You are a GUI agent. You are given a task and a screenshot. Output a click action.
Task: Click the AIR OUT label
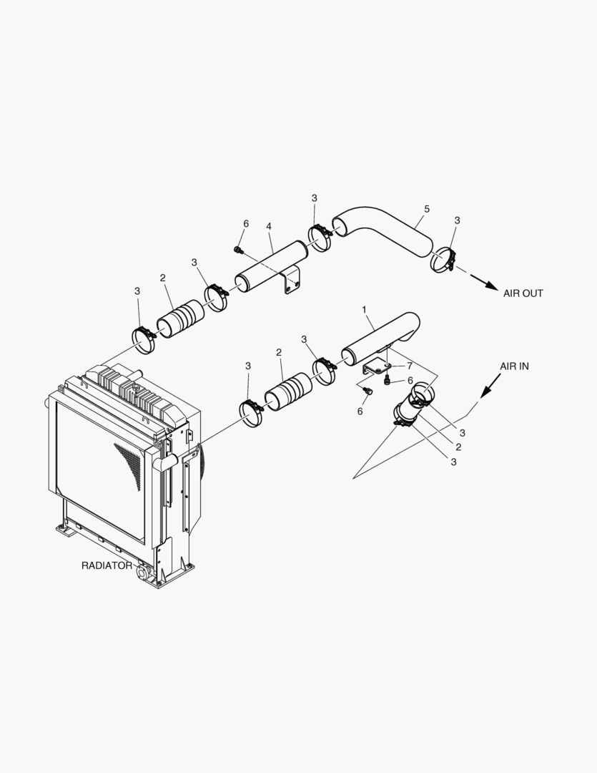click(x=523, y=293)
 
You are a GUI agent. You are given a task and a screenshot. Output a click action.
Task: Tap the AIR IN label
click(x=514, y=366)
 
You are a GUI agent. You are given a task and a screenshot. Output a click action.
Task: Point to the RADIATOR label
click(x=107, y=565)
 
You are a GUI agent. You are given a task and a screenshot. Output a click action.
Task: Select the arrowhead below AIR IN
click(x=485, y=391)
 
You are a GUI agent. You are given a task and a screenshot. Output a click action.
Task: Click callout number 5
click(x=427, y=209)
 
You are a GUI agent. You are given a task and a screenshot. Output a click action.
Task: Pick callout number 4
click(x=269, y=226)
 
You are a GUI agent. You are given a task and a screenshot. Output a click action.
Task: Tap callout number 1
click(x=364, y=310)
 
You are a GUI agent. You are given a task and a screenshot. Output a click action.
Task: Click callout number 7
click(x=410, y=366)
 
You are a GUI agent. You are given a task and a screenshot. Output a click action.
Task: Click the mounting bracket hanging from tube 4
click(x=292, y=280)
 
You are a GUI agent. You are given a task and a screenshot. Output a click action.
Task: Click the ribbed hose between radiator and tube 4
click(x=181, y=320)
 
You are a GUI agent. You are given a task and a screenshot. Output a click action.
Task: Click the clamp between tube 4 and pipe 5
click(x=320, y=238)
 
